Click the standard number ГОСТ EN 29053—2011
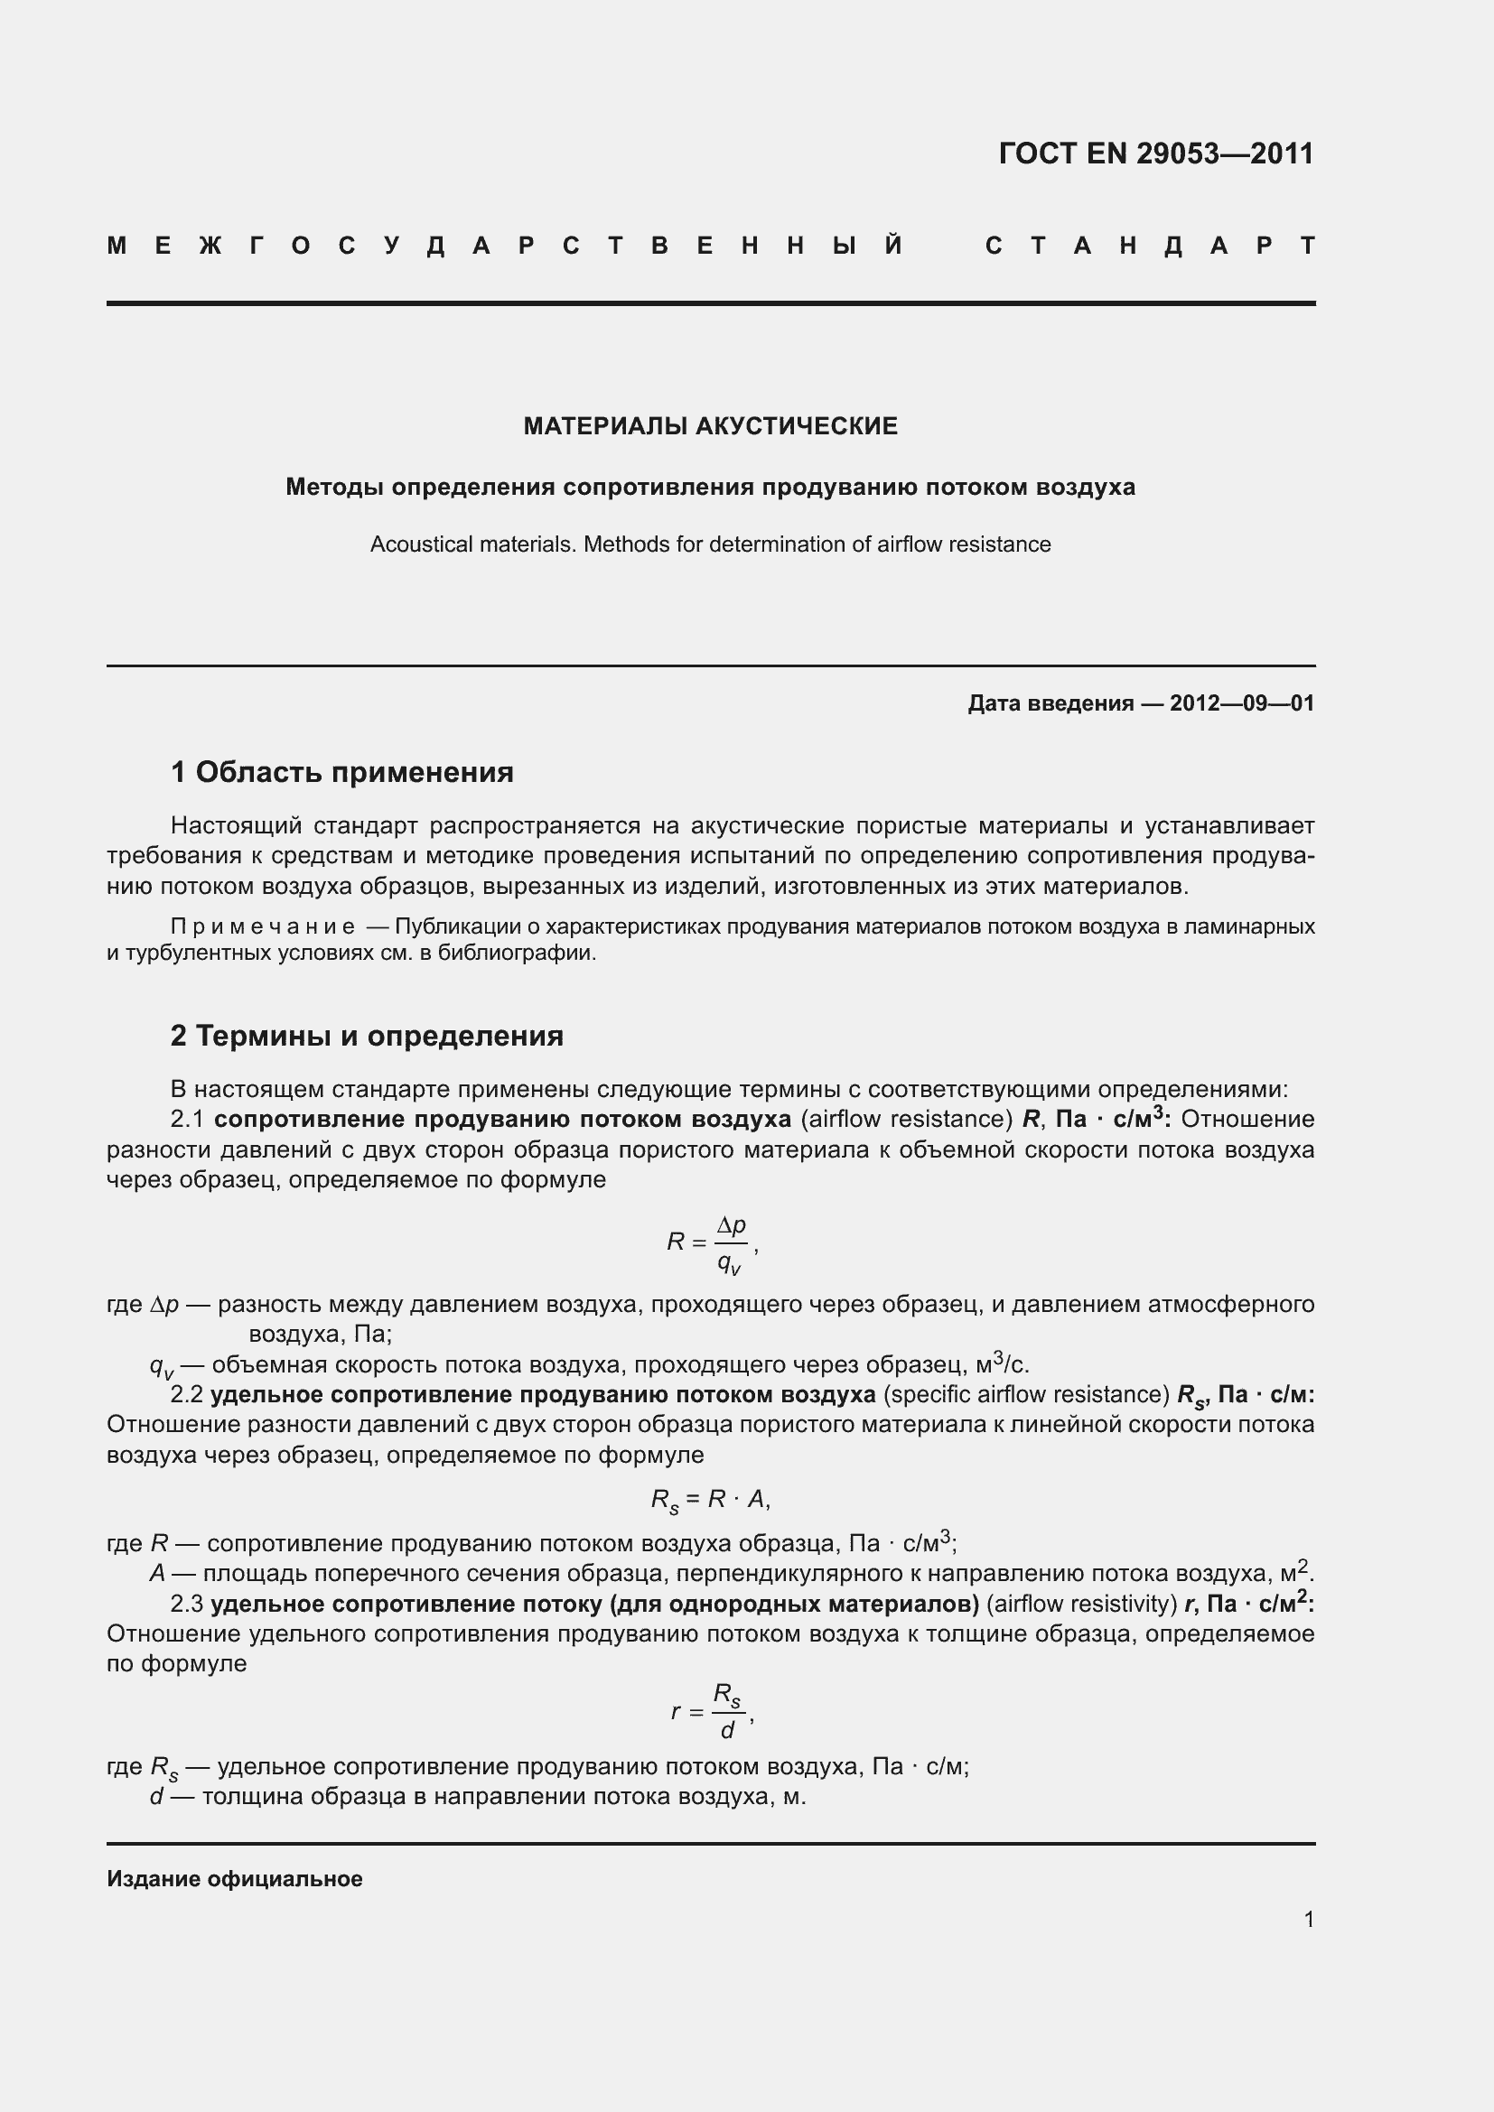1155,154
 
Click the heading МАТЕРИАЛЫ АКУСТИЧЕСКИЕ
710,426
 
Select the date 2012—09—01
1241,703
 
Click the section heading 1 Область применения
342,772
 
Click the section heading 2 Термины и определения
367,1036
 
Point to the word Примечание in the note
263,926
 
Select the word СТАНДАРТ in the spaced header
1150,246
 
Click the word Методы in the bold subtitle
335,487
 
